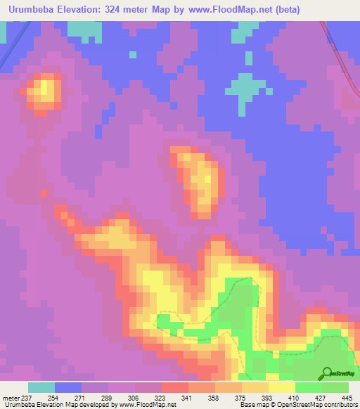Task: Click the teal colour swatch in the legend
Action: tap(41, 387)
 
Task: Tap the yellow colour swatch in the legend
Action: tap(282, 387)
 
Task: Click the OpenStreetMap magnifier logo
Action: tap(327, 373)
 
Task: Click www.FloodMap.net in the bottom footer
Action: tap(147, 405)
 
